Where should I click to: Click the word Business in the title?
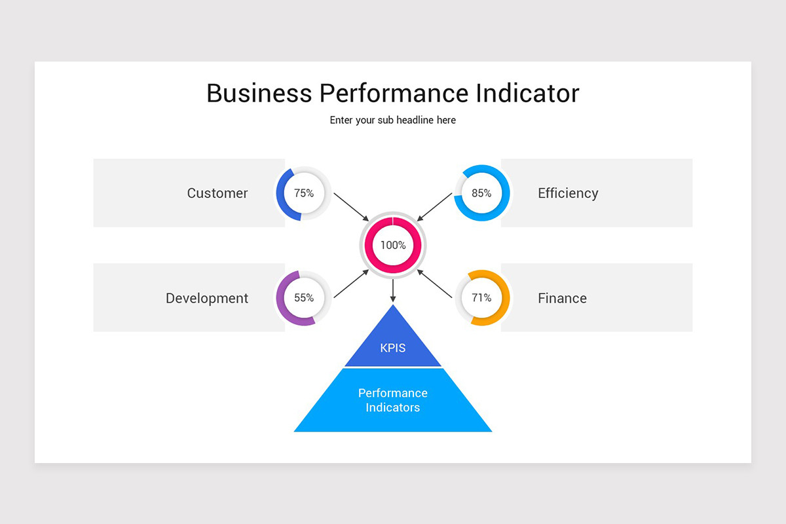tap(259, 94)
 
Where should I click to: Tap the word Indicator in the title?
tap(527, 94)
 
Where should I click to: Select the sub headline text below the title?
tap(392, 120)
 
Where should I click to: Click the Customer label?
tap(217, 193)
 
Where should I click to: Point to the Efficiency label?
tap(568, 193)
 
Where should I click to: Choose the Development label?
tap(207, 298)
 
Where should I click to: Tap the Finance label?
tap(562, 298)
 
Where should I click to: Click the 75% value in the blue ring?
tap(304, 193)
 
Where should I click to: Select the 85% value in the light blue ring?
tap(481, 193)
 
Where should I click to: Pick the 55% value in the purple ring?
tap(304, 297)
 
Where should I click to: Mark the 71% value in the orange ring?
tap(481, 297)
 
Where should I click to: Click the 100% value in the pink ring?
tap(393, 245)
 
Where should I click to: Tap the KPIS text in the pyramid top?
tap(392, 348)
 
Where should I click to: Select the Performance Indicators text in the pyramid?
tap(392, 400)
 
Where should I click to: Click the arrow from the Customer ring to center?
tap(351, 207)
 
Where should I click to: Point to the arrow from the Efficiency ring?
tap(434, 207)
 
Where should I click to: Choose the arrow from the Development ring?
tap(351, 284)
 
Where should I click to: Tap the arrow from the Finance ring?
tap(434, 284)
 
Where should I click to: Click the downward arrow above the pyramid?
tap(393, 291)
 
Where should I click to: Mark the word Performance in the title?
tap(394, 94)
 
